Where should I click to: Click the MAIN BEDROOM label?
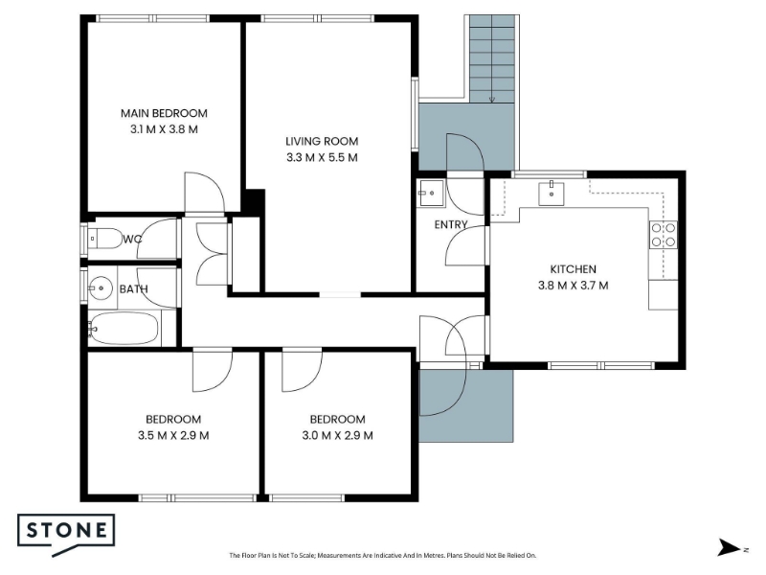tap(164, 113)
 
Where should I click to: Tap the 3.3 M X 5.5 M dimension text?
tap(322, 157)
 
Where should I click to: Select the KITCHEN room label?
tap(573, 269)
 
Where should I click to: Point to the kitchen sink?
tap(552, 194)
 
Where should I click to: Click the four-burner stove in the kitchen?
tap(664, 235)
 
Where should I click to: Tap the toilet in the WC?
tap(104, 239)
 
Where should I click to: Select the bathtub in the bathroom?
tap(124, 328)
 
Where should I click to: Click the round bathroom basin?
tap(101, 287)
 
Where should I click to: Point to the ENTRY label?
tap(451, 225)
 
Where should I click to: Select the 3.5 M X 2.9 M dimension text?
tap(173, 435)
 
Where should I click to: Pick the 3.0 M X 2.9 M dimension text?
tap(338, 435)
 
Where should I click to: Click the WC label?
tap(132, 239)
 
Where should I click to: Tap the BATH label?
tap(133, 289)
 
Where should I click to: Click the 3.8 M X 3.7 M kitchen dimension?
tap(573, 285)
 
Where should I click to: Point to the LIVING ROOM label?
tap(322, 141)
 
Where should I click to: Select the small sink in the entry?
tap(430, 194)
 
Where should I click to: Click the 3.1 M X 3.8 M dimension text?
tap(164, 129)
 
